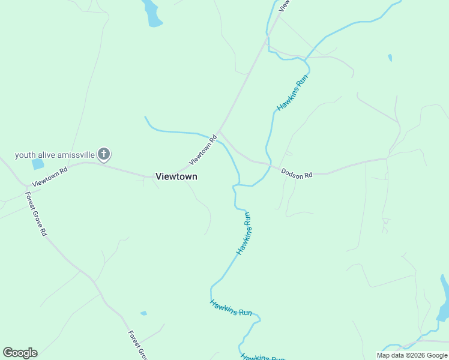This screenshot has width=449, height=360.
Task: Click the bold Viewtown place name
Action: point(176,176)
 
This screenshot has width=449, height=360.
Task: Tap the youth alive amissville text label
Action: point(55,155)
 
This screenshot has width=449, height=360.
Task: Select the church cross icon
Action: point(104,155)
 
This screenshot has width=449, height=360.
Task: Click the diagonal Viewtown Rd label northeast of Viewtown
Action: point(203,151)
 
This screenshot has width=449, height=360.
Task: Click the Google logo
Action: point(20,353)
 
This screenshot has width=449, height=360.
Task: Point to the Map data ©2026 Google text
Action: point(412,355)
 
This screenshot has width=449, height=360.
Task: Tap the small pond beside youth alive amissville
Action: point(38,164)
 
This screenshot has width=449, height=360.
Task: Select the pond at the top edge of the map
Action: point(152,13)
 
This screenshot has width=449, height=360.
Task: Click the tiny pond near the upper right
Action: point(390,58)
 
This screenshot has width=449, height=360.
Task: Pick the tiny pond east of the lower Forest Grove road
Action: point(143,313)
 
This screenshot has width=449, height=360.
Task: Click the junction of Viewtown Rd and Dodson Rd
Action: point(220,130)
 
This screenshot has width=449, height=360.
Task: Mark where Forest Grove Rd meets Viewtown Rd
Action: point(24,187)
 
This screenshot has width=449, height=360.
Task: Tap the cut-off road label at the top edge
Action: point(284,5)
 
